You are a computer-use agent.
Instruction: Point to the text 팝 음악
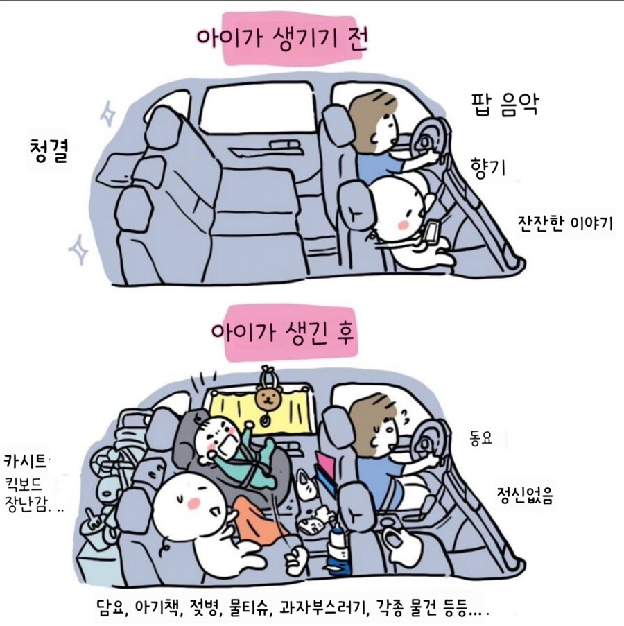pos(504,106)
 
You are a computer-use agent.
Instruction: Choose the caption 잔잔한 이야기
pos(564,223)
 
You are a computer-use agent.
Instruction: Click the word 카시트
pos(26,460)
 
